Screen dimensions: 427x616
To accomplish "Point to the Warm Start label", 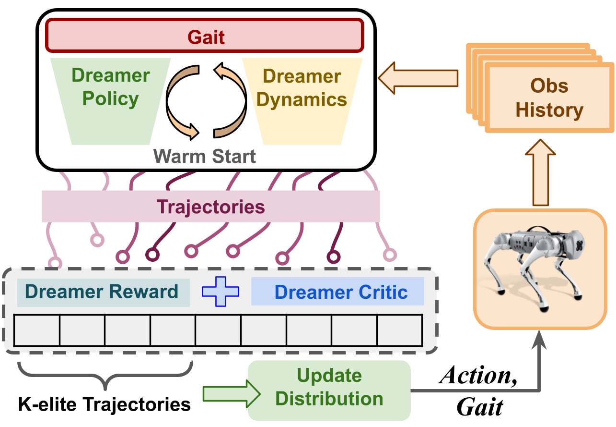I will [205, 156].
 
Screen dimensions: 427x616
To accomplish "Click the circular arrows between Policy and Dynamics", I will [206, 101].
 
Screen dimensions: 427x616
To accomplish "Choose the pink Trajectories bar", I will [211, 207].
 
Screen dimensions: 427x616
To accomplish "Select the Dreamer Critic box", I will [338, 292].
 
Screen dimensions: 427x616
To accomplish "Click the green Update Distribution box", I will [329, 388].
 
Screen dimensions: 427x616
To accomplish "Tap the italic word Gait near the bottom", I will [479, 407].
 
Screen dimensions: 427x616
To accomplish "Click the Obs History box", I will [549, 98].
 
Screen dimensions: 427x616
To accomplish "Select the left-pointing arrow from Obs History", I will [417, 76].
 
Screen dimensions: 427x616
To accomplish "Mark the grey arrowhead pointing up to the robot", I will [540, 339].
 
